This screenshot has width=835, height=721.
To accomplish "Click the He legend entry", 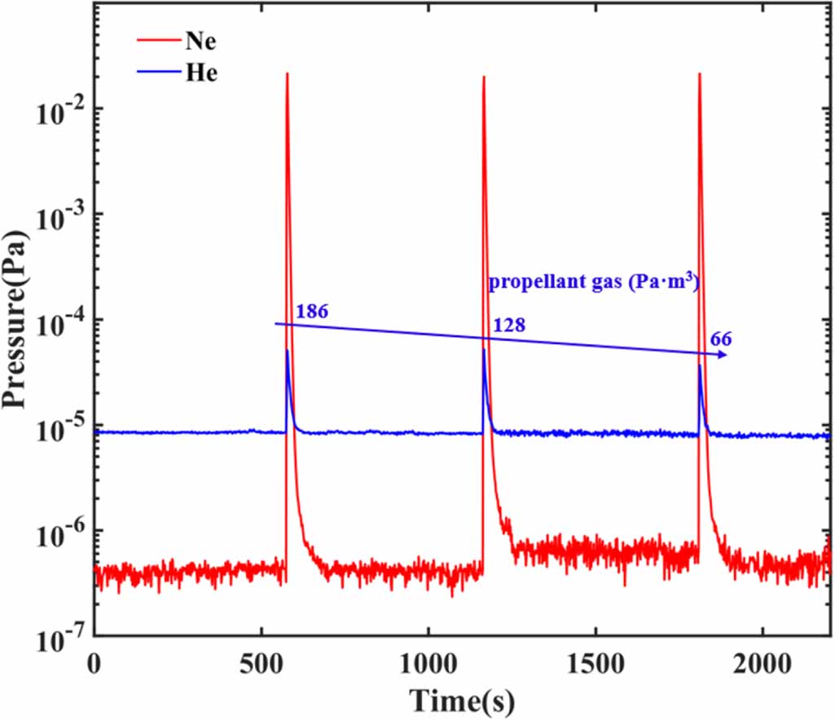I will (200, 72).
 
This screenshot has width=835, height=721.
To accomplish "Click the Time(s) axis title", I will (461, 698).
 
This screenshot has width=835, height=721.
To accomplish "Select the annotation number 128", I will (509, 325).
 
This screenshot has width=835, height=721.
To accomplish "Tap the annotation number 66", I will (721, 338).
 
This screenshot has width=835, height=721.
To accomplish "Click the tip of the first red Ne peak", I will (288, 74).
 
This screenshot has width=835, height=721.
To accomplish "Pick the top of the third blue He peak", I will (700, 365).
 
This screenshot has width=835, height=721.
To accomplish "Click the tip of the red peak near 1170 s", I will (484, 78).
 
